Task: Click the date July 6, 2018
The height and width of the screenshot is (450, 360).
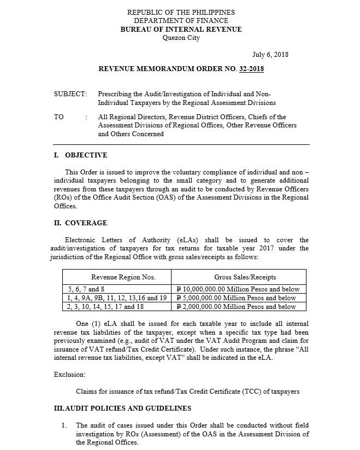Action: pyautogui.click(x=270, y=55)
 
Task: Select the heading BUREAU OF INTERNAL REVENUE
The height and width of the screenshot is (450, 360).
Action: pyautogui.click(x=181, y=30)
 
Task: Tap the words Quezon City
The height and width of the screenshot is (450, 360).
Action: pyautogui.click(x=181, y=38)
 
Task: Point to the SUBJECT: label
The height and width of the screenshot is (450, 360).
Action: pyautogui.click(x=70, y=94)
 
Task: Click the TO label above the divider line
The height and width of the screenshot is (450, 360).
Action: pyautogui.click(x=58, y=117)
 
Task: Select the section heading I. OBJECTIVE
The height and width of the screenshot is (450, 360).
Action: pyautogui.click(x=80, y=155)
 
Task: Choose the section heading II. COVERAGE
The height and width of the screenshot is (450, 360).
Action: pyautogui.click(x=80, y=223)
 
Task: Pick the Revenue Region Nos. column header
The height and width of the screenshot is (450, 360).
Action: pyautogui.click(x=116, y=277)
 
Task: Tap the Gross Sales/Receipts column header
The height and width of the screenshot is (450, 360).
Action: pyautogui.click(x=239, y=277)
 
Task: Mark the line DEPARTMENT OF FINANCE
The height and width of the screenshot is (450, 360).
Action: pyautogui.click(x=181, y=21)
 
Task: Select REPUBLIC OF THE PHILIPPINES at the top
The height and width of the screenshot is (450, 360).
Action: pyautogui.click(x=181, y=13)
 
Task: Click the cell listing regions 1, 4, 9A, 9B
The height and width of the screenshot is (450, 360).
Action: pyautogui.click(x=117, y=298)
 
